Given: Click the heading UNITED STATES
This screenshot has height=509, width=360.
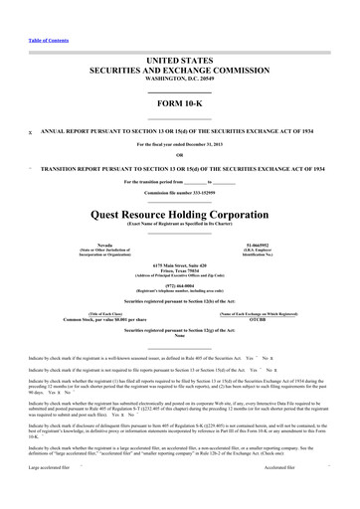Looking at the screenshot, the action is tap(180, 62).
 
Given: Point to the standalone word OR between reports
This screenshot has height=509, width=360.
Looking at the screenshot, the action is tap(180, 154).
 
